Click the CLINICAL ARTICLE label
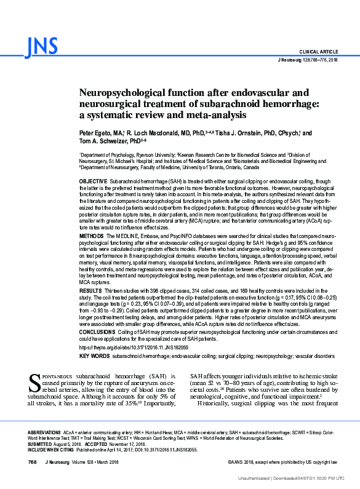(318, 52)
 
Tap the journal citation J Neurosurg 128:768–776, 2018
(308, 60)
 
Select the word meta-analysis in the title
(213, 115)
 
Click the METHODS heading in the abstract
(91, 236)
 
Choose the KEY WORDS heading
(94, 356)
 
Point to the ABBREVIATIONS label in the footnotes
(45, 432)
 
